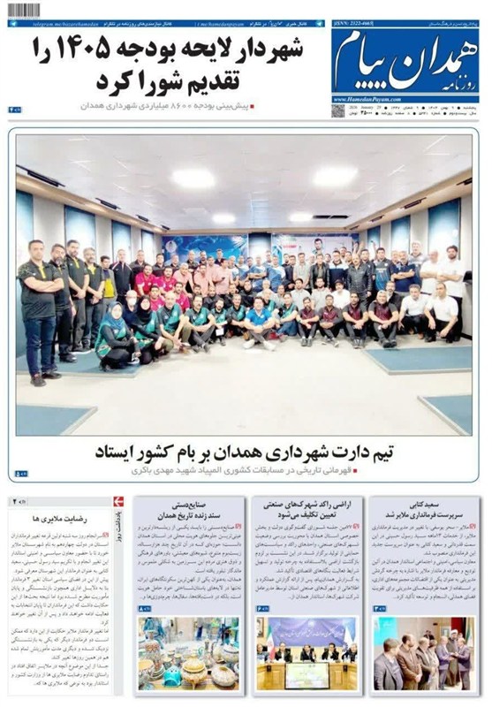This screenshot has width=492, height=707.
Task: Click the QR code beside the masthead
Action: [338, 110]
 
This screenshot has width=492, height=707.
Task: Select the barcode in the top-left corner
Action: [25, 10]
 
